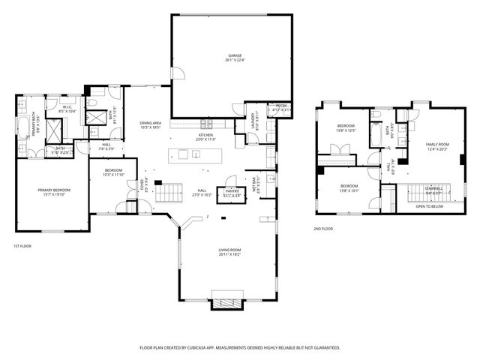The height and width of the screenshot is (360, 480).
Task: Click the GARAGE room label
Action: [x=235, y=56]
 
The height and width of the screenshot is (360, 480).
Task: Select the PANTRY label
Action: [x=232, y=192]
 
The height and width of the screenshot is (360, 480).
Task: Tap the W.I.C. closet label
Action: [x=67, y=107]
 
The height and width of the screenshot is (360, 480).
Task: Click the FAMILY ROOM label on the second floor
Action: [x=436, y=144]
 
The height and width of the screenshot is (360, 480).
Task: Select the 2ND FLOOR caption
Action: [x=323, y=229]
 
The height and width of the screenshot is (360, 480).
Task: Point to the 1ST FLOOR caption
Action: [x=22, y=246]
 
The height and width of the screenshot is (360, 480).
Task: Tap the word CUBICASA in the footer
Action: [x=199, y=348]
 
